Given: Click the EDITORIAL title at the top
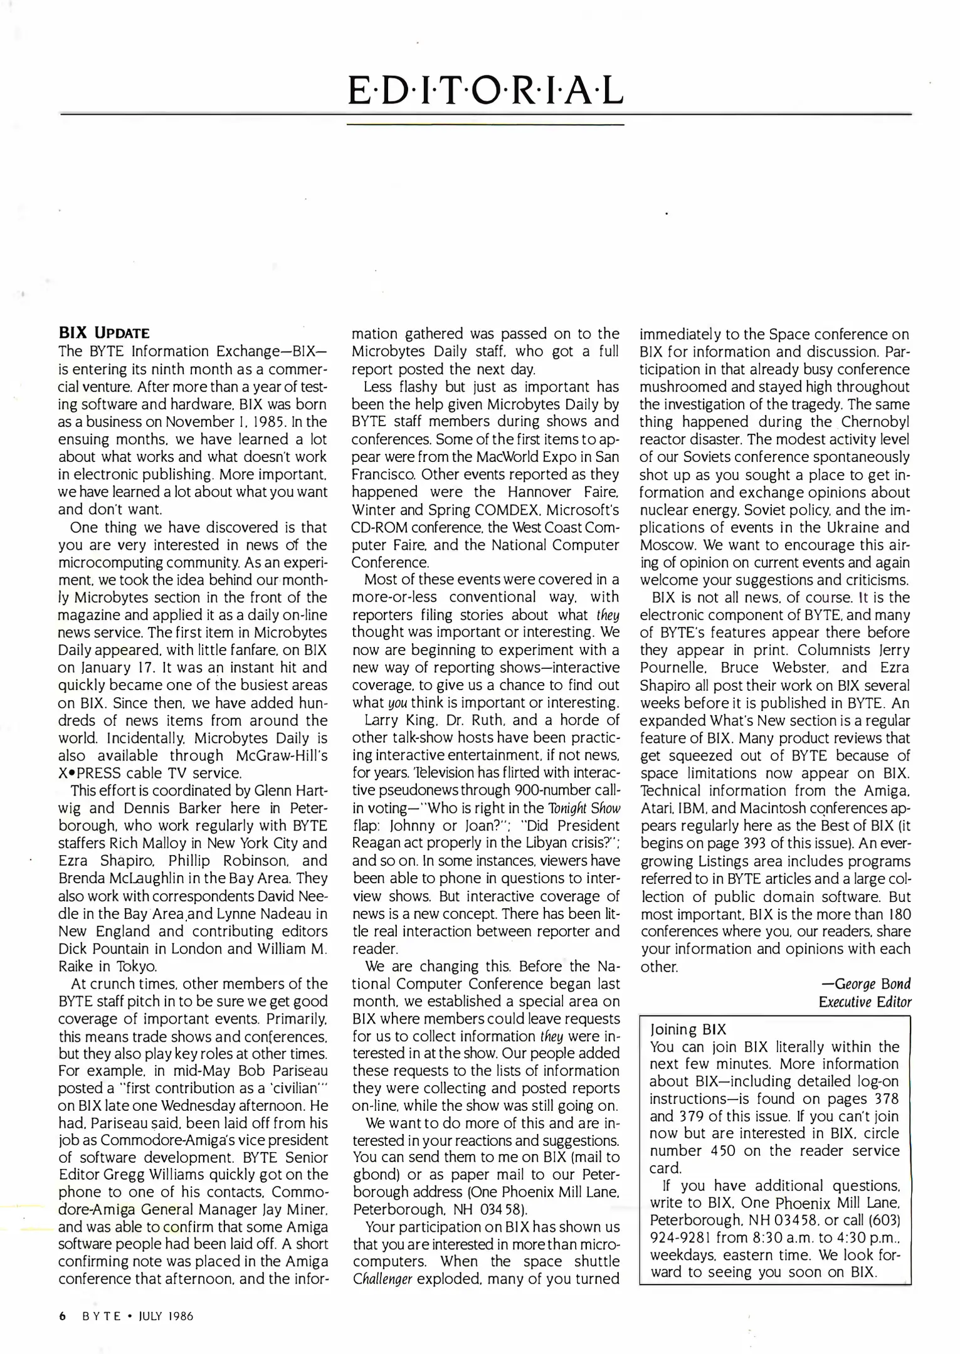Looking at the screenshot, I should pyautogui.click(x=485, y=92).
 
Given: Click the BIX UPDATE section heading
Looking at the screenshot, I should pyautogui.click(x=103, y=332).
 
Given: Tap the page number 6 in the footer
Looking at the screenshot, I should pyautogui.click(x=62, y=1316).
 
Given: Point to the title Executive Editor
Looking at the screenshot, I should pyautogui.click(x=865, y=1001).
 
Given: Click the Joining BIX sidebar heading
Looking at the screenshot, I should pyautogui.click(x=688, y=1029).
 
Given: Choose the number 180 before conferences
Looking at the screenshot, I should pyautogui.click(x=897, y=913).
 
